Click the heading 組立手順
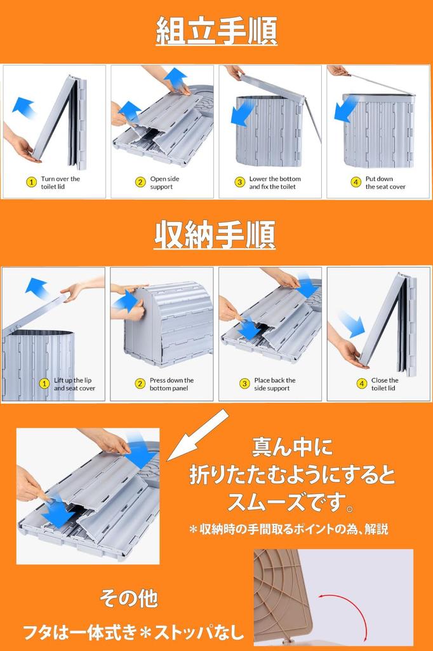(x=216, y=31)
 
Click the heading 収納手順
(x=215, y=235)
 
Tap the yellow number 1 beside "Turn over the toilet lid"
(x=32, y=182)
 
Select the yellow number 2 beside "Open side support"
(x=140, y=182)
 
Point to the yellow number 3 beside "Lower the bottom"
(x=240, y=182)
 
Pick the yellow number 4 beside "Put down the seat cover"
(x=356, y=182)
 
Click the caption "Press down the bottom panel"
(x=171, y=384)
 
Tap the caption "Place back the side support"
(x=274, y=384)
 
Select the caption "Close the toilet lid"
(x=385, y=384)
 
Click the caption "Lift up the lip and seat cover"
(x=74, y=384)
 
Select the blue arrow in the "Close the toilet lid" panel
(x=351, y=325)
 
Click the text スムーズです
(x=286, y=502)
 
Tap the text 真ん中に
(x=293, y=447)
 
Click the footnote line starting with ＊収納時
(x=288, y=529)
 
